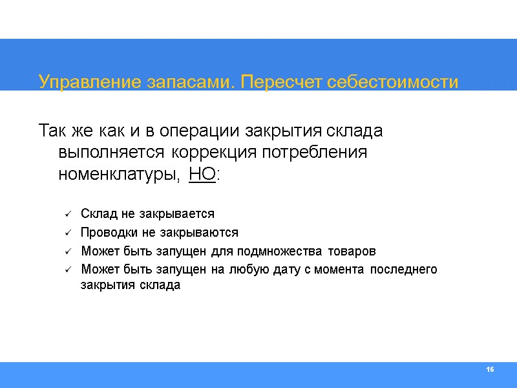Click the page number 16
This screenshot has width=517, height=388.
click(489, 369)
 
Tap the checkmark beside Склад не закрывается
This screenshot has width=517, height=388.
click(68, 214)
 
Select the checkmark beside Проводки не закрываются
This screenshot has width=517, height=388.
click(68, 233)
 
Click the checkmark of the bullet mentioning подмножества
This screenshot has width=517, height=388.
click(68, 252)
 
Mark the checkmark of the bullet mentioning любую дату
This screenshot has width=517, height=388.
click(68, 270)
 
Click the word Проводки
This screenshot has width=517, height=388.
click(103, 233)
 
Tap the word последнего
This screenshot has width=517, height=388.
click(407, 270)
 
